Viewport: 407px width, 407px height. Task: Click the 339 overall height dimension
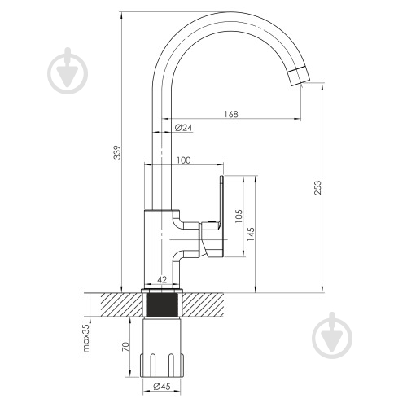pos(117,152)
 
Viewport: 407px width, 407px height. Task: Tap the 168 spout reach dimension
pos(231,114)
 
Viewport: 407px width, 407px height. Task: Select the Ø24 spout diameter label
pos(183,127)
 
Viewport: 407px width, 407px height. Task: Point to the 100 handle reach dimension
pos(184,160)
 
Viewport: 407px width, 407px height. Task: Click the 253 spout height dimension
pos(317,187)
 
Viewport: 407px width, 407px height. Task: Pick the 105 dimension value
pos(239,216)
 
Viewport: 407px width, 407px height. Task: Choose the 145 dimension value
pos(251,234)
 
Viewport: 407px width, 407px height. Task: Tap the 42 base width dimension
pos(162,279)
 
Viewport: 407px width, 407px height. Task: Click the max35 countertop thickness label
pos(85,339)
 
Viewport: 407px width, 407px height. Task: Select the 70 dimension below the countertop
pos(125,347)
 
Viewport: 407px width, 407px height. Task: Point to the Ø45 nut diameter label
pos(162,386)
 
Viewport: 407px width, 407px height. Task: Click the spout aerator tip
pos(299,76)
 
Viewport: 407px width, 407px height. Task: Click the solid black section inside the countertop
pos(162,305)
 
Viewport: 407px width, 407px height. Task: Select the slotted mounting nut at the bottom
pos(162,365)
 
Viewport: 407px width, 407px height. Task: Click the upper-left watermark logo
pos(68,71)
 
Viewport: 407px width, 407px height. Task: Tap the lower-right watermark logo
pos(332,335)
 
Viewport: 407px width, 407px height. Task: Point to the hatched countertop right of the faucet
pos(203,305)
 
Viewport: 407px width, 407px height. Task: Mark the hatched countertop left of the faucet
pos(121,305)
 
